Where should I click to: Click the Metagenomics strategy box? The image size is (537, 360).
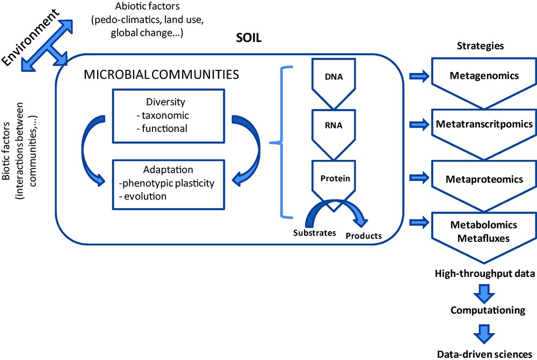(x=484, y=76)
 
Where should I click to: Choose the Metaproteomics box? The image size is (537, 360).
(x=484, y=179)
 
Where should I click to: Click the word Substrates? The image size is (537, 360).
(x=315, y=233)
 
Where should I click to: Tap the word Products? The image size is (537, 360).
(x=364, y=236)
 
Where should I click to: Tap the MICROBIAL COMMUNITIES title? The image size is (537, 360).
(x=161, y=75)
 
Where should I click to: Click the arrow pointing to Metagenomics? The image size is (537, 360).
(x=419, y=76)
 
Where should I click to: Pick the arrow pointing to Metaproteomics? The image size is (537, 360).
(x=419, y=178)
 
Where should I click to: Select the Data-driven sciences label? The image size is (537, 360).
(x=484, y=354)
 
